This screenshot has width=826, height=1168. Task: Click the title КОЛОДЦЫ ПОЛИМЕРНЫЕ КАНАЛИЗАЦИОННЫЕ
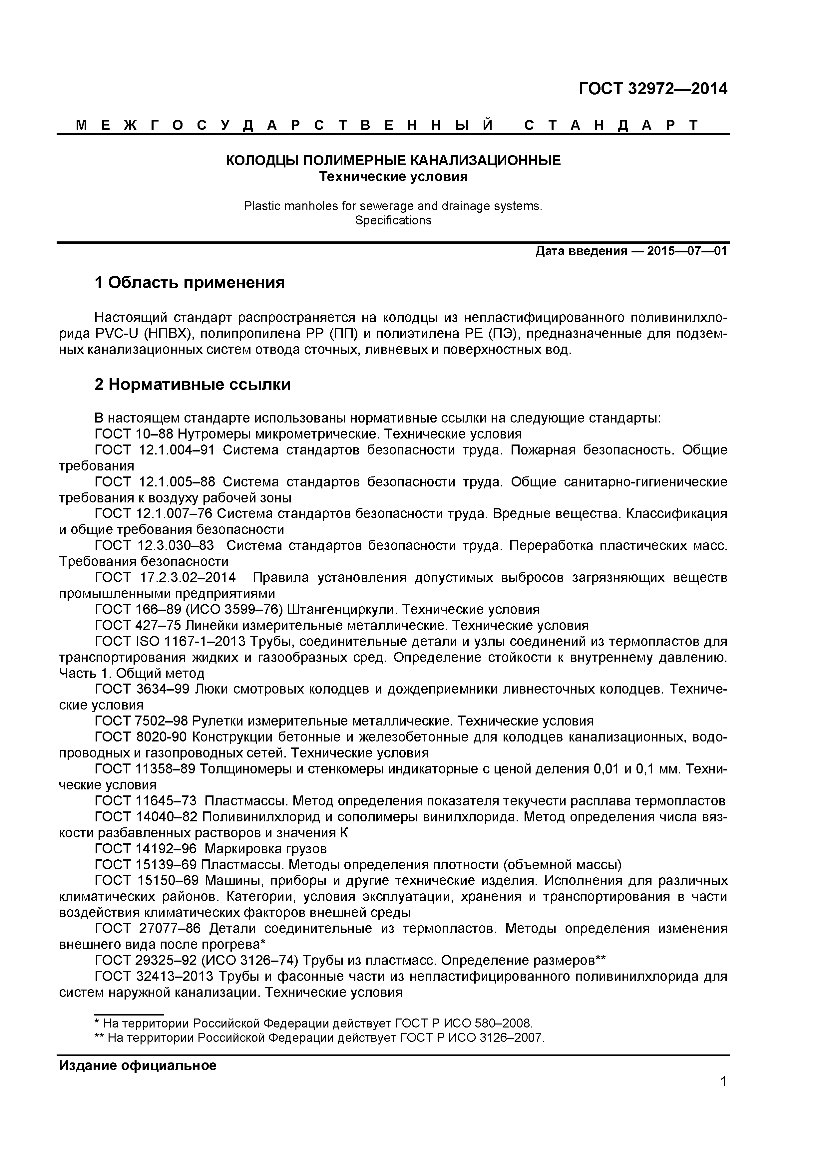coord(393,161)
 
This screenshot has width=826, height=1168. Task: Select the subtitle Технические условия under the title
coord(393,177)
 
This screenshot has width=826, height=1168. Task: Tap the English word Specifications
coord(393,220)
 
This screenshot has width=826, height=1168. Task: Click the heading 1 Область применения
coord(190,282)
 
